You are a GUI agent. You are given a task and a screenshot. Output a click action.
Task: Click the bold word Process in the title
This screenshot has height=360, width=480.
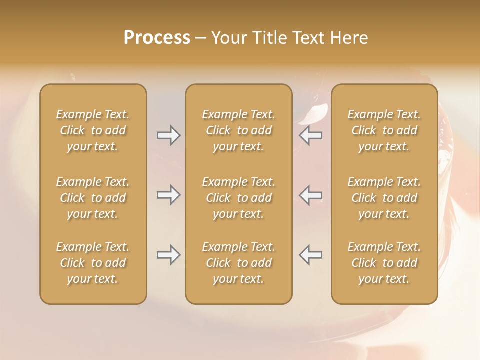pos(157,38)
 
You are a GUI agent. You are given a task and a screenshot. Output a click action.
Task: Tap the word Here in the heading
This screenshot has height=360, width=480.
pos(348,38)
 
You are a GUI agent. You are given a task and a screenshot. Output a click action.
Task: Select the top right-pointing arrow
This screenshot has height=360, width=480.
pos(168,135)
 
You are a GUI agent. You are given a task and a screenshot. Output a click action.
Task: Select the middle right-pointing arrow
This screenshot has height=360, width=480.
pos(168,195)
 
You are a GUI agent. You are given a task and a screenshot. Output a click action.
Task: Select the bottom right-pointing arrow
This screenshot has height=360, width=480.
pos(168,255)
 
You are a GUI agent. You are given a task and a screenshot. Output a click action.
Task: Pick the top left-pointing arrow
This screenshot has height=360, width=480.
pos(311,135)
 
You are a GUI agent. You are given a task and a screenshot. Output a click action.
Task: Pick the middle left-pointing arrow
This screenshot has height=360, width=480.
pos(311,195)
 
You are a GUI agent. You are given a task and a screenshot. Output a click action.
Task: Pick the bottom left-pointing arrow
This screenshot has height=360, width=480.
pos(311,255)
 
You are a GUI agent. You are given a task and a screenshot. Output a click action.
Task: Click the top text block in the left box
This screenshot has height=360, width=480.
pos(93,130)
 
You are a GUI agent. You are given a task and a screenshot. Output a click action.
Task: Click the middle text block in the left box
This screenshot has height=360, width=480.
pos(93,198)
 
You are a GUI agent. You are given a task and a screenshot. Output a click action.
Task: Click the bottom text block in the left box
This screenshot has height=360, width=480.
pos(93,263)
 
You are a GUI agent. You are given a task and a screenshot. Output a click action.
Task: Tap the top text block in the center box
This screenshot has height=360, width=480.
pos(238,130)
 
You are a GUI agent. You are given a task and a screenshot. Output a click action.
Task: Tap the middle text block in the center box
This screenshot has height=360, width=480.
pos(238,198)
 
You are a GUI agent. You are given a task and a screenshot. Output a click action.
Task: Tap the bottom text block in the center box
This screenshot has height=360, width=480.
pos(238,263)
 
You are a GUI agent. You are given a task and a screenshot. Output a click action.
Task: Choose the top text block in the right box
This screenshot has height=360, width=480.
pos(384,130)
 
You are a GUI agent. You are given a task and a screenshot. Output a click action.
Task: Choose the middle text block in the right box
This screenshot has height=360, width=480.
pos(384,198)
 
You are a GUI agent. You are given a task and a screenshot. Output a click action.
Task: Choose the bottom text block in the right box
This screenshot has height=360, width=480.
pos(384,263)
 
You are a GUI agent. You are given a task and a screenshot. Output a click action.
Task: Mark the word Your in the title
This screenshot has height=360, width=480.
pos(229,38)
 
